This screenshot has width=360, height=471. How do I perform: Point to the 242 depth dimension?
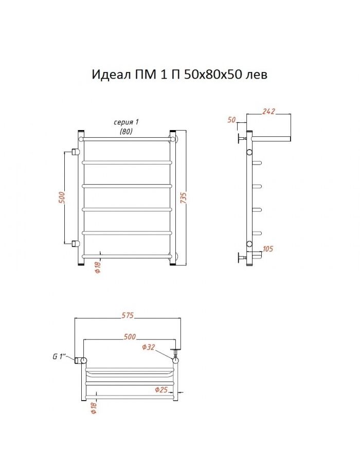(268, 112)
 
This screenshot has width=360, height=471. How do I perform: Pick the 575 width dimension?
(128, 316)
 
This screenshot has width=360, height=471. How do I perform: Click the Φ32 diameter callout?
(148, 347)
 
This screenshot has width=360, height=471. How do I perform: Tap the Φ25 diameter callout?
(161, 390)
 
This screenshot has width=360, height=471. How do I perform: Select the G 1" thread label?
(59, 356)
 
